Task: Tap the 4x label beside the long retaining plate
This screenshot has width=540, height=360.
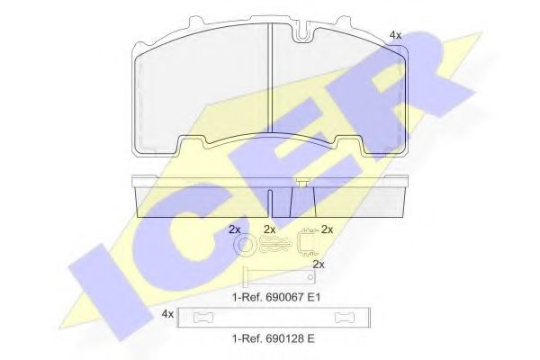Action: pos(166,314)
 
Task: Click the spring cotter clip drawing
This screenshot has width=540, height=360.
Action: pos(273,244)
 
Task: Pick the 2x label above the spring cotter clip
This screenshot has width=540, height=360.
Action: pos(269,229)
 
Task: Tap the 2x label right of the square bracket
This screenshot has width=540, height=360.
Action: pos(328,229)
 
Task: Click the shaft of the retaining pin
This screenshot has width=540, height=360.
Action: pos(279,275)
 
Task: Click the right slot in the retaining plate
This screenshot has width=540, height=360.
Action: pos(345,317)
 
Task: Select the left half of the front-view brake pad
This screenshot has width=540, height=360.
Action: pos(202,90)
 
